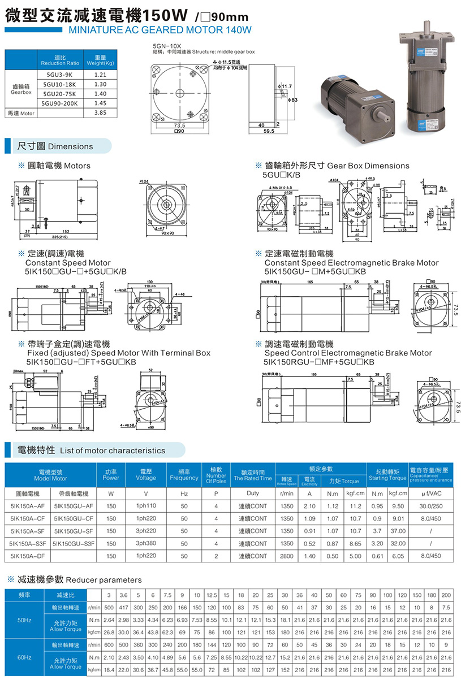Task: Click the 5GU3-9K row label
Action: coord(59,75)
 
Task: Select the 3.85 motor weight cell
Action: coord(101,112)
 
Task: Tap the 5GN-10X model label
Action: coord(164,45)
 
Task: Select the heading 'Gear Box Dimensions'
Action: coord(368,166)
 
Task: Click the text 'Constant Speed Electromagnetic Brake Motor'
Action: coord(351,263)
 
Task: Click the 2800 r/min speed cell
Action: coord(287,556)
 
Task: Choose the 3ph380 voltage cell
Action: coord(146,543)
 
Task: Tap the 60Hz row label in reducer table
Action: coord(24,657)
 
